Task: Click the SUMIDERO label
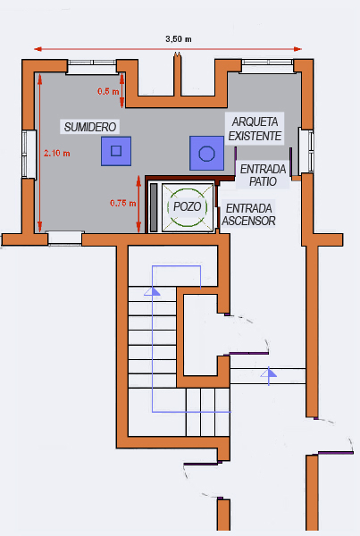(90, 127)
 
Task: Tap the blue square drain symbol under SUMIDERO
(116, 151)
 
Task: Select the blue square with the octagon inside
(207, 153)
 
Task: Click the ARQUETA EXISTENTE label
(255, 129)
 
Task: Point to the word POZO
(188, 206)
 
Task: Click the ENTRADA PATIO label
(263, 175)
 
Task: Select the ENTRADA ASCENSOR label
(249, 214)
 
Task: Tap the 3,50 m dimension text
(179, 39)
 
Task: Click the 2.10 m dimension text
(57, 153)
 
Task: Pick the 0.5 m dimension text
(108, 91)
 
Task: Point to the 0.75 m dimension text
(122, 203)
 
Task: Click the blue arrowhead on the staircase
(152, 291)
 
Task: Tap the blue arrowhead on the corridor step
(269, 373)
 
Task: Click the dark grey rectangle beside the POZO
(154, 207)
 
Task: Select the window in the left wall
(29, 155)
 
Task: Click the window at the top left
(92, 67)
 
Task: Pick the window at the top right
(268, 66)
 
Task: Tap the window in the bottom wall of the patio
(65, 238)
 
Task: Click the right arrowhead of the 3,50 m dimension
(297, 49)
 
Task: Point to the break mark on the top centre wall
(177, 54)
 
